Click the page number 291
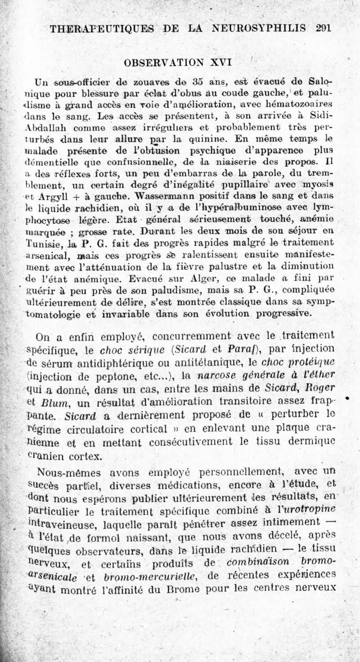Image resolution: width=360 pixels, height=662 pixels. [x=324, y=28]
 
